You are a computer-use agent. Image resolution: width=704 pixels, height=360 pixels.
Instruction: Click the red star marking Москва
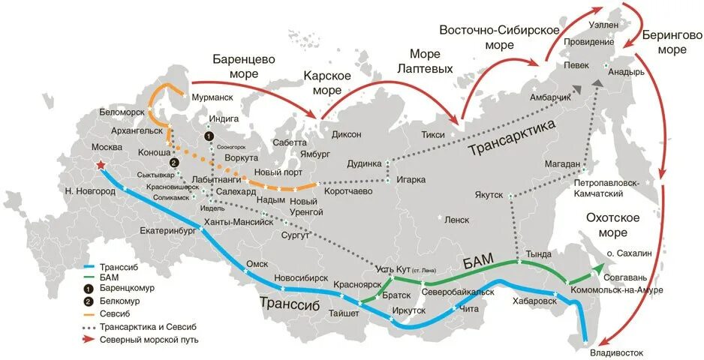pyautogui.click(x=100, y=166)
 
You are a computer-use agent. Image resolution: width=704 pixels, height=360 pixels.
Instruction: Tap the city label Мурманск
pyautogui.click(x=212, y=97)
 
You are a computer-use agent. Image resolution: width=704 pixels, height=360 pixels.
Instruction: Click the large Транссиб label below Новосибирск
pyautogui.click(x=290, y=303)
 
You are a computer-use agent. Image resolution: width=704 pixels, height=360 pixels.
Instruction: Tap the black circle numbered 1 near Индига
pyautogui.click(x=209, y=136)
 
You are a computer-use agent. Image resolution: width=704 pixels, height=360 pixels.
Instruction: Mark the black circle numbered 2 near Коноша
pyautogui.click(x=174, y=163)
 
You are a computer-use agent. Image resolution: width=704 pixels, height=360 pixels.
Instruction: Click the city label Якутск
pyautogui.click(x=489, y=194)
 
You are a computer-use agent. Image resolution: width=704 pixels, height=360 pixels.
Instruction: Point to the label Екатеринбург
pyautogui.click(x=167, y=232)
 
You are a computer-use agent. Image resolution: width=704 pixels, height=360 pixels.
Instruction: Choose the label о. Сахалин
pyautogui.click(x=629, y=254)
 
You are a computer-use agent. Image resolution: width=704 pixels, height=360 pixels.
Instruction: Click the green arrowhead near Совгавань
pyautogui.click(x=597, y=268)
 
